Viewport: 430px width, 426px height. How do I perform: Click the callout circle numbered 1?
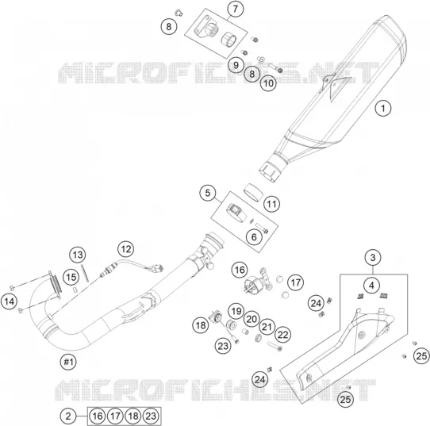point(383,108)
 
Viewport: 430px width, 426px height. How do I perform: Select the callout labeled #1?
point(68,362)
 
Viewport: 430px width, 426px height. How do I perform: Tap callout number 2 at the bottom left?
point(68,416)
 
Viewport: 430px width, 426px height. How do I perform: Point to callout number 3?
point(373,257)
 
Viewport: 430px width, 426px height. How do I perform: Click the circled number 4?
point(371,286)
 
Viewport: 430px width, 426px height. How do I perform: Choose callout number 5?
point(208,193)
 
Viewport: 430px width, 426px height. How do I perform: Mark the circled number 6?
point(254,237)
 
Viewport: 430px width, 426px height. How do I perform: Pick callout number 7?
point(236,9)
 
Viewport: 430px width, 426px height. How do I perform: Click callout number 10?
point(268,83)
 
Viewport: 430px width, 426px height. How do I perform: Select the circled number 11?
point(272,204)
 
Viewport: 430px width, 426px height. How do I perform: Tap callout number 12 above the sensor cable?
point(126,249)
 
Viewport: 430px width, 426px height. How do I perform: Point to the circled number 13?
point(78,255)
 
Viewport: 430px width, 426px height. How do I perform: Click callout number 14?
point(9,301)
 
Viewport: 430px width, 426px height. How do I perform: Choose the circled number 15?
point(71,277)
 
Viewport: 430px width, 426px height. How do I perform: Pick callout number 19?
point(236,312)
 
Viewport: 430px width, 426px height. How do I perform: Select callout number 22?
point(282,335)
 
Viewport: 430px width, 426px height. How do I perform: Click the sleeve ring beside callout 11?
point(253,192)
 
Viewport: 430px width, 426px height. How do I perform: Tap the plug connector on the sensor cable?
point(159,268)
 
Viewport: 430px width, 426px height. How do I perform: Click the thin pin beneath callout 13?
point(86,273)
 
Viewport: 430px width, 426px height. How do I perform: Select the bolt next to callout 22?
point(275,346)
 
